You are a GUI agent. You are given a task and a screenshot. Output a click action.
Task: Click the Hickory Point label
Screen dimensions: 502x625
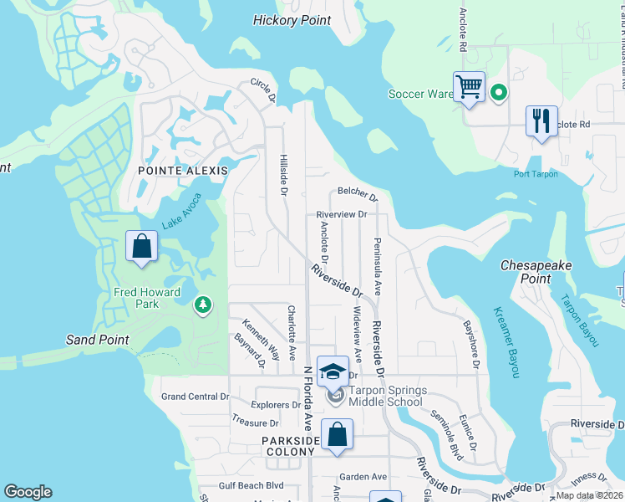point(292,20)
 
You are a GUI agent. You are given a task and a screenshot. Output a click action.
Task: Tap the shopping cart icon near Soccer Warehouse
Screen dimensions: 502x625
point(470,87)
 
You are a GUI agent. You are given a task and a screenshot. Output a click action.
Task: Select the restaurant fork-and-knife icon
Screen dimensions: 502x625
point(541,121)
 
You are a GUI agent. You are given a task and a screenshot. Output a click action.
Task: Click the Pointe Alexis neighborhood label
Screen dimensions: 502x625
point(179,171)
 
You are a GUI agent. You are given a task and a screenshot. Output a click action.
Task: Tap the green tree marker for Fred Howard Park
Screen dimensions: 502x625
point(202,305)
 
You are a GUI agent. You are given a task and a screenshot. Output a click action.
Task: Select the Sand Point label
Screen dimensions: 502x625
point(98,340)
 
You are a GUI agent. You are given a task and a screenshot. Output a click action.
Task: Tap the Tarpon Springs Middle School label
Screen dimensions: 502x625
point(387,396)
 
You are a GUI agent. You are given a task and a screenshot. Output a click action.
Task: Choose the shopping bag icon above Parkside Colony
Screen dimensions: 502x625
point(337,435)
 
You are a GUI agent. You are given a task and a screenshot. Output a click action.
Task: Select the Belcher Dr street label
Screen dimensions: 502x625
point(358,195)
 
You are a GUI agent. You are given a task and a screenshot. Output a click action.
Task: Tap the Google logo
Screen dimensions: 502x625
point(28,492)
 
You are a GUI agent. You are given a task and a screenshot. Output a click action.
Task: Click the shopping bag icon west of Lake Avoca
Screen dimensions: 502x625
point(141,247)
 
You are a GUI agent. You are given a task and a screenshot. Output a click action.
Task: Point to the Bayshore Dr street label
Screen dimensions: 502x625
point(471,343)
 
